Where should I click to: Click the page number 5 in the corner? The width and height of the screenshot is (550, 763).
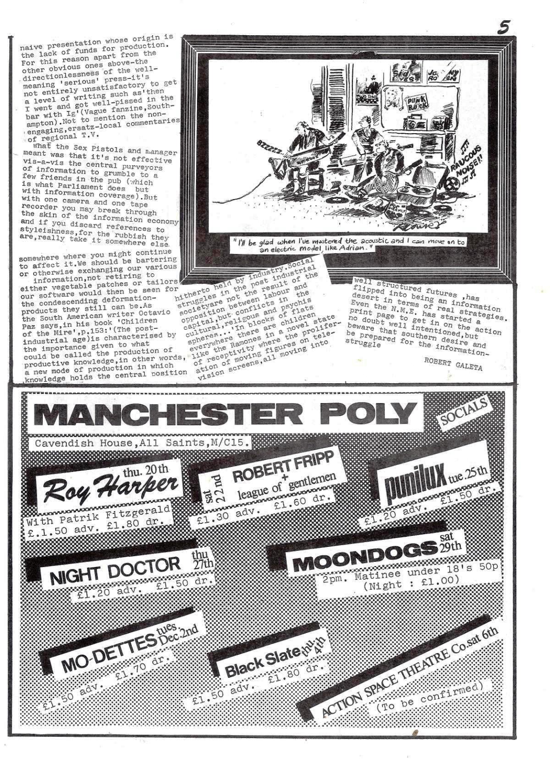click(504, 28)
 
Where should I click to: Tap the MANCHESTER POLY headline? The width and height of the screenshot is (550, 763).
click(225, 414)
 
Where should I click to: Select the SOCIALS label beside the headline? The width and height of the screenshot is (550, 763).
click(463, 412)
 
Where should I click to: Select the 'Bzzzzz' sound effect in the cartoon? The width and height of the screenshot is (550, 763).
click(271, 147)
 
